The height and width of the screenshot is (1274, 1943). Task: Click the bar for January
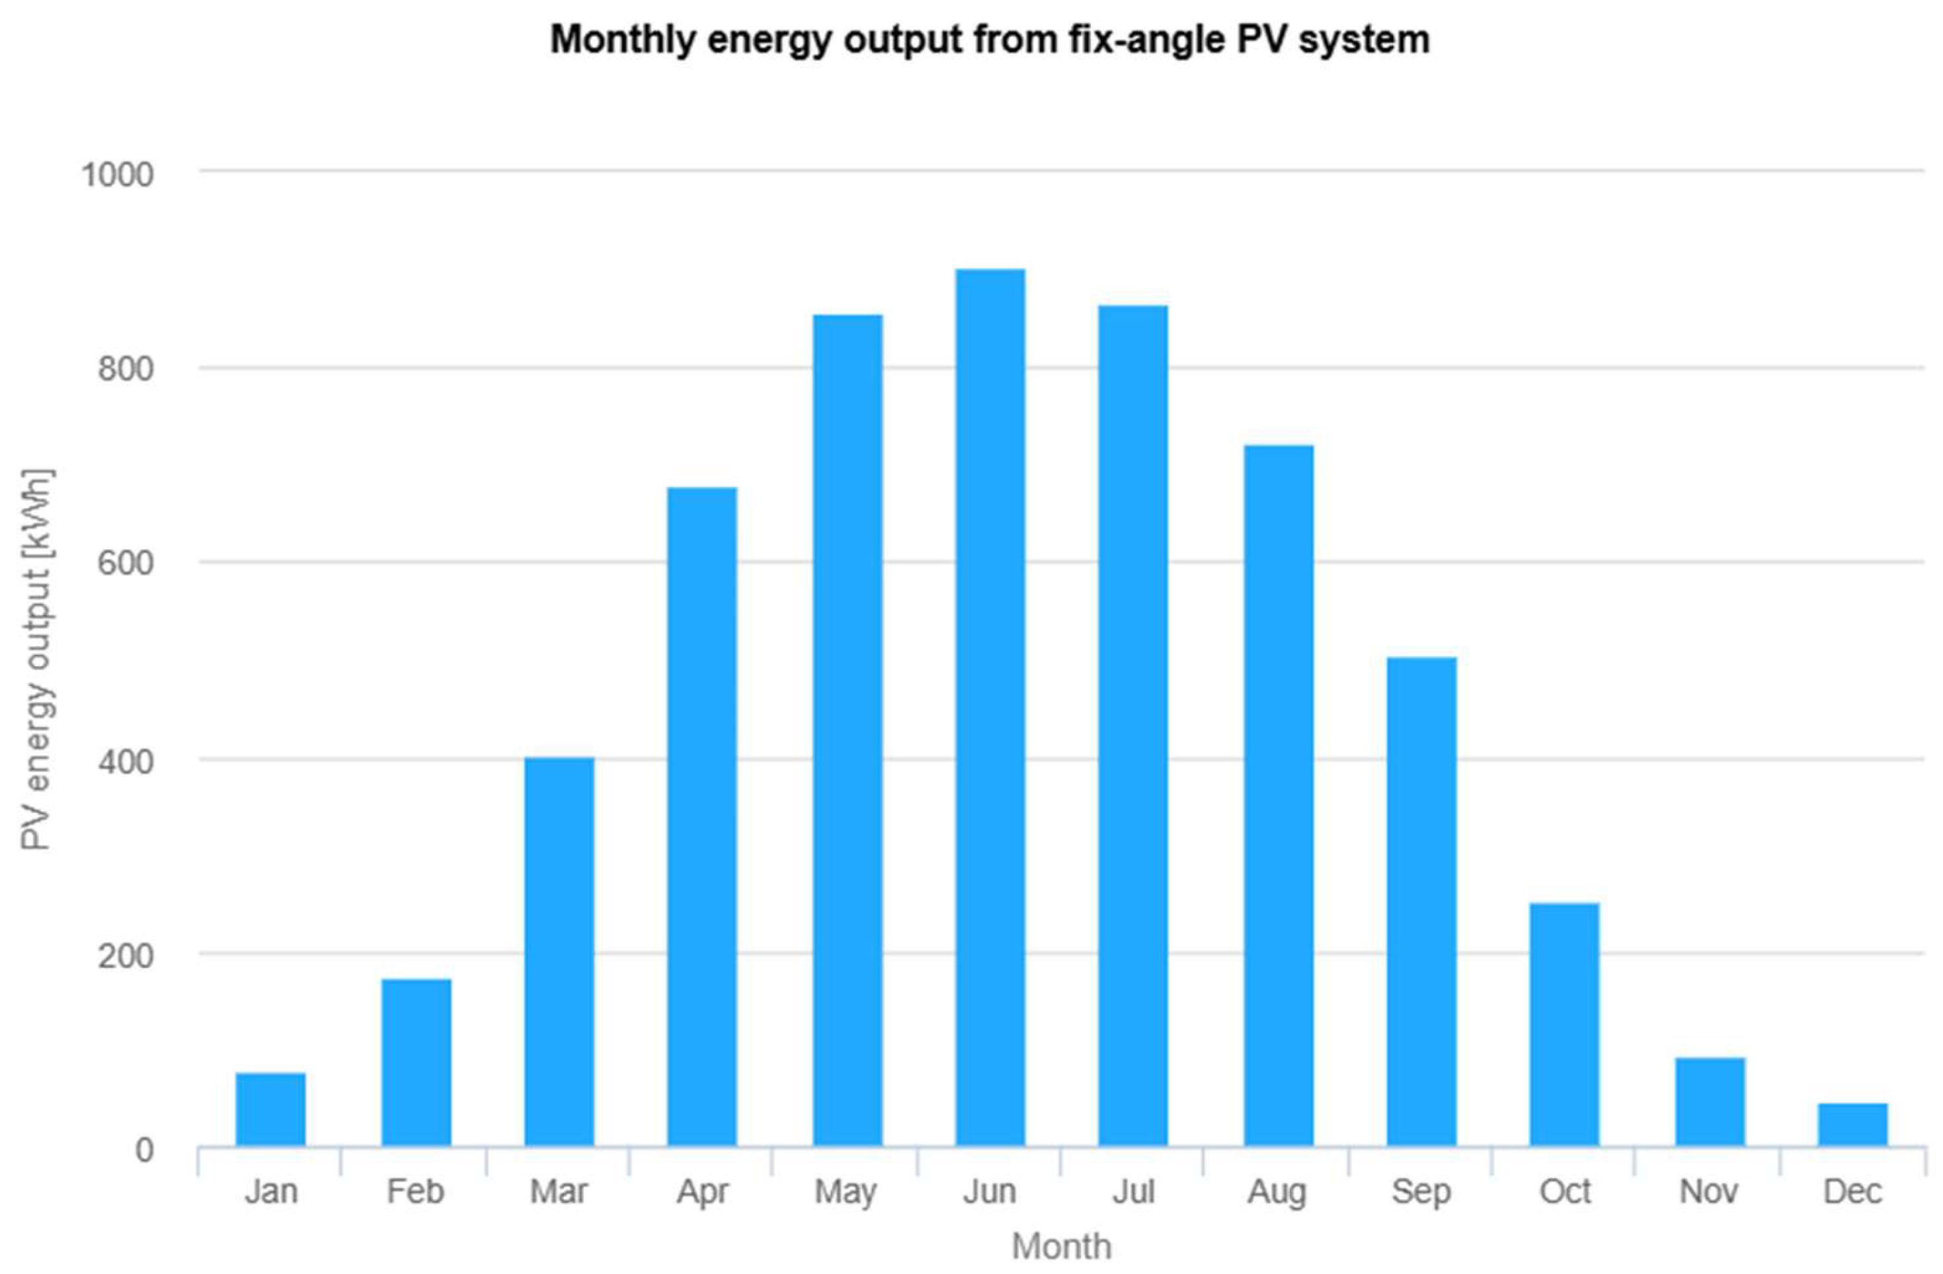point(270,1109)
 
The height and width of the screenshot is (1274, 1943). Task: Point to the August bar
point(1278,796)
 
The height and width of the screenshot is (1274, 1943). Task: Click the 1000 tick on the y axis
point(118,174)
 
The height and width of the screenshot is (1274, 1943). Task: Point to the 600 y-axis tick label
point(125,563)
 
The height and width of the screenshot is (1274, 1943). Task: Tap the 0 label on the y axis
point(143,1150)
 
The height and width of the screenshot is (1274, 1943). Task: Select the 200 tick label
point(125,955)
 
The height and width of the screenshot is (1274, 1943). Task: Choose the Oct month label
point(1564,1192)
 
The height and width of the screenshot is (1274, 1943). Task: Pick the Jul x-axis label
point(1133,1192)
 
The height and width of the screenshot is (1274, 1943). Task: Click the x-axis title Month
point(1060,1247)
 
